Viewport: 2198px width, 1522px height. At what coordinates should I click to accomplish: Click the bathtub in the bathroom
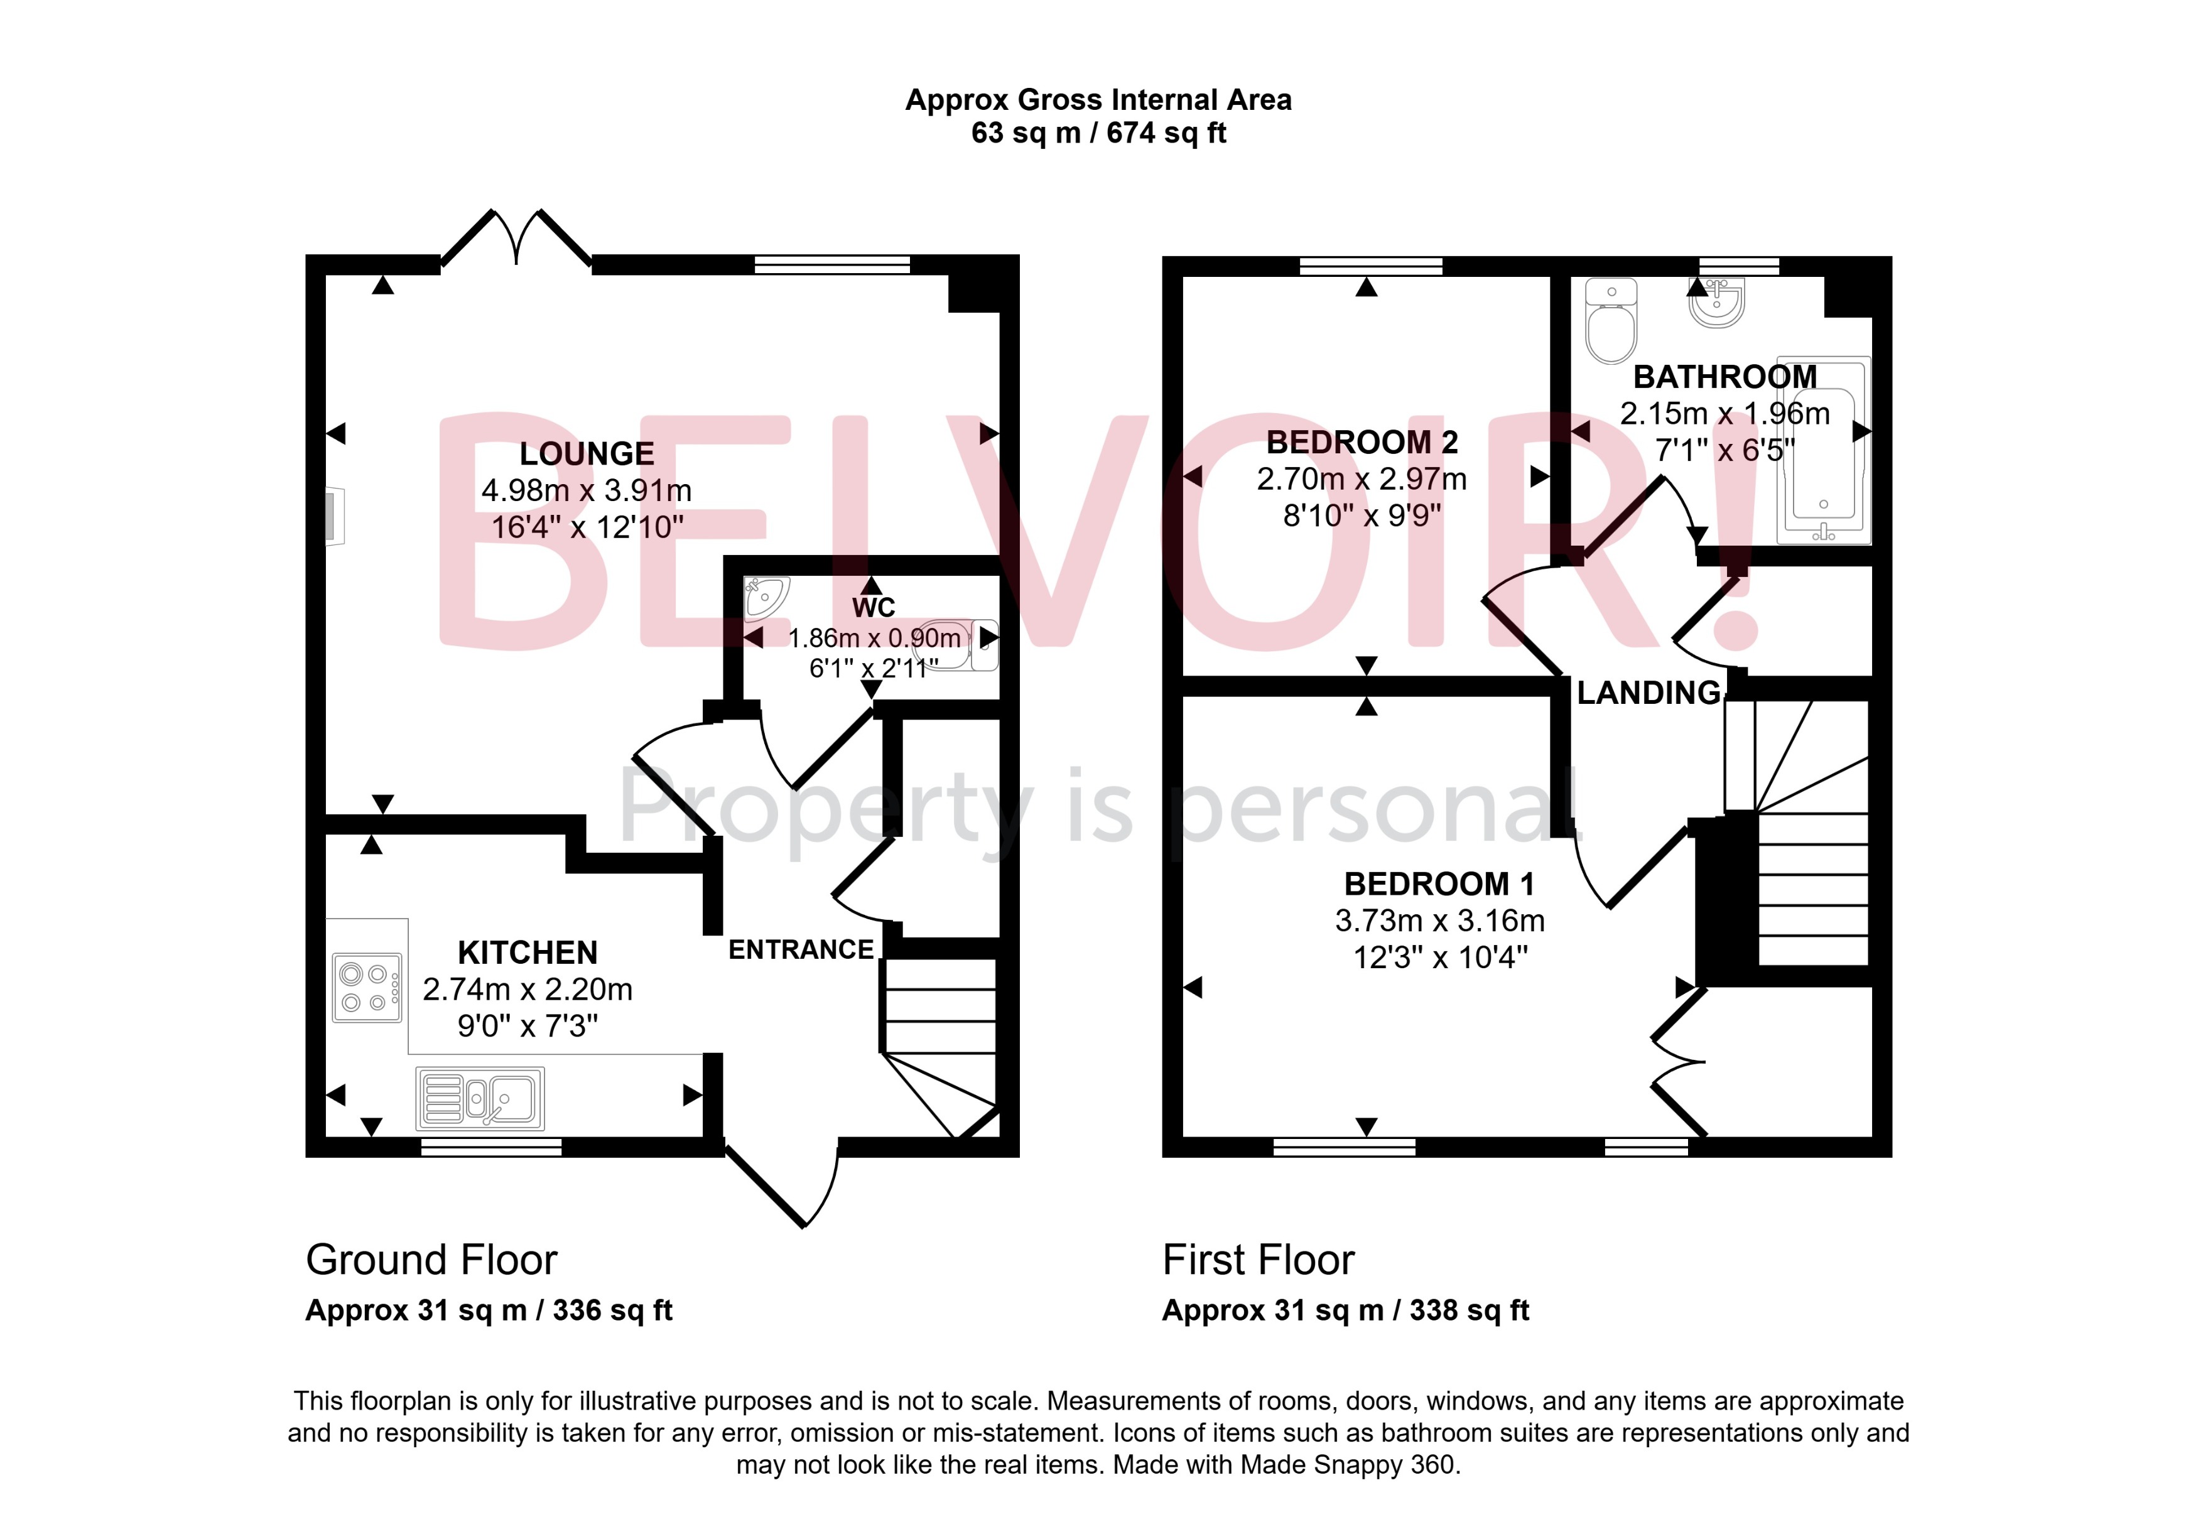[1823, 450]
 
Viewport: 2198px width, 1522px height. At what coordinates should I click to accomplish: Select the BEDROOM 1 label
[1439, 884]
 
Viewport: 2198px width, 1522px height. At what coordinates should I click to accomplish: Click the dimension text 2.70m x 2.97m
[1361, 478]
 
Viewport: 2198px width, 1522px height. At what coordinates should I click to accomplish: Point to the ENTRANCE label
[801, 950]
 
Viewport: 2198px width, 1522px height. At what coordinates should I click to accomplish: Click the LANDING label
[1648, 693]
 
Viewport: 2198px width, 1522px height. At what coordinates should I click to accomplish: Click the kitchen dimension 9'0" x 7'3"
[528, 1026]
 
